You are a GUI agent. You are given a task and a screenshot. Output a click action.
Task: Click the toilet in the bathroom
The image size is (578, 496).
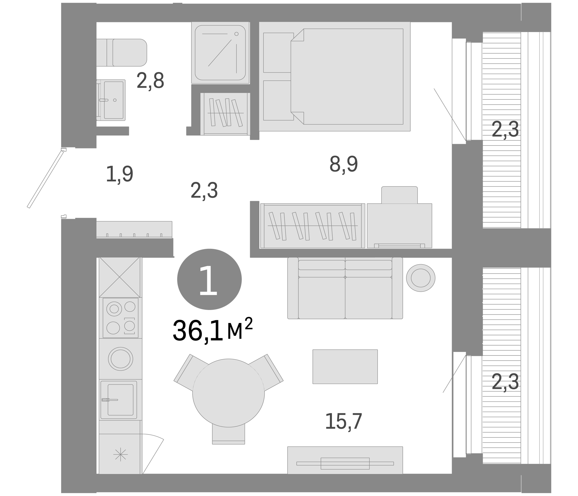click(x=123, y=53)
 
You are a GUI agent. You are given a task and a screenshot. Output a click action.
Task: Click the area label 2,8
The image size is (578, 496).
click(x=150, y=81)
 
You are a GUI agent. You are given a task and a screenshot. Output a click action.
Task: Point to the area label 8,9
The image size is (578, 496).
click(x=343, y=164)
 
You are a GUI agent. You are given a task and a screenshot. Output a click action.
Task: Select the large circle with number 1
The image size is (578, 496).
click(x=209, y=279)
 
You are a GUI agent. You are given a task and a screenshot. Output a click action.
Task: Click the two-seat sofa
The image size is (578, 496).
click(x=345, y=288)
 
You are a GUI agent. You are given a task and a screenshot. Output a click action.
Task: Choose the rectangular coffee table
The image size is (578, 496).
click(x=345, y=367)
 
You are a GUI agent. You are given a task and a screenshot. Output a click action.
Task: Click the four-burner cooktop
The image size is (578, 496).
click(x=121, y=318)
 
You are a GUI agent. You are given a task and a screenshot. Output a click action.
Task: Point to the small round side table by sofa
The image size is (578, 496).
click(x=420, y=278)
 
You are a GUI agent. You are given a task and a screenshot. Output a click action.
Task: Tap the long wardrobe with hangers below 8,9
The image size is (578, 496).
click(x=312, y=226)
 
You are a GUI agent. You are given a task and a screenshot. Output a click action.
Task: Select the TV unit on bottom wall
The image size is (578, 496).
click(x=345, y=463)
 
